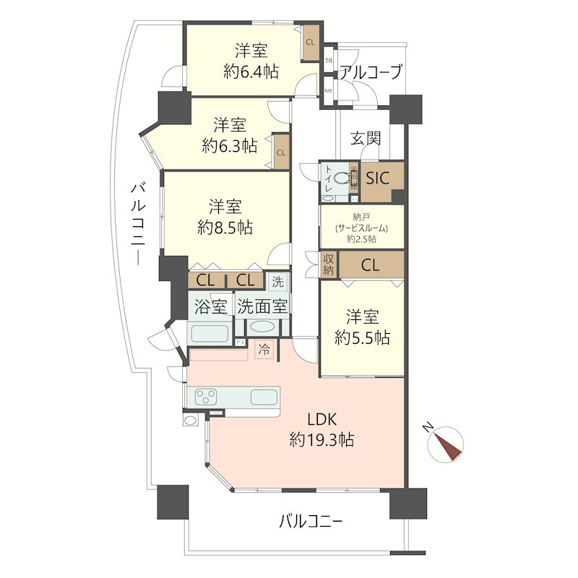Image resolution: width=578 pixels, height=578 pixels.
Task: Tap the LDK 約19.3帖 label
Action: [322, 429]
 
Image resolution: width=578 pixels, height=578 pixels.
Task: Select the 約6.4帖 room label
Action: [251, 61]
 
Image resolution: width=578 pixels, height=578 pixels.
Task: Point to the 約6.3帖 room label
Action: [229, 135]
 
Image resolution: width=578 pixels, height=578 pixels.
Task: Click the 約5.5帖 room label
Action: [363, 327]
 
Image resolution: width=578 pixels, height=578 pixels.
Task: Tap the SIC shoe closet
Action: [376, 178]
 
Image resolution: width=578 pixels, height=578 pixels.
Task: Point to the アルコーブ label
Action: [370, 72]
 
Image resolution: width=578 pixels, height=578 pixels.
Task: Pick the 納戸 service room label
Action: [361, 227]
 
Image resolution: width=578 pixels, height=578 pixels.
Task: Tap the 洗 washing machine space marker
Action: [277, 280]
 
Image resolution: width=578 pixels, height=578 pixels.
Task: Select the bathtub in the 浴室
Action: [210, 333]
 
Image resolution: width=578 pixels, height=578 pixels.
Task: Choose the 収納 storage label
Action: [329, 265]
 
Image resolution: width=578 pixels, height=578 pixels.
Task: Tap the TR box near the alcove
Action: [329, 62]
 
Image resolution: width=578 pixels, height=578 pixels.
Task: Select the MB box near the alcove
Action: [329, 91]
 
